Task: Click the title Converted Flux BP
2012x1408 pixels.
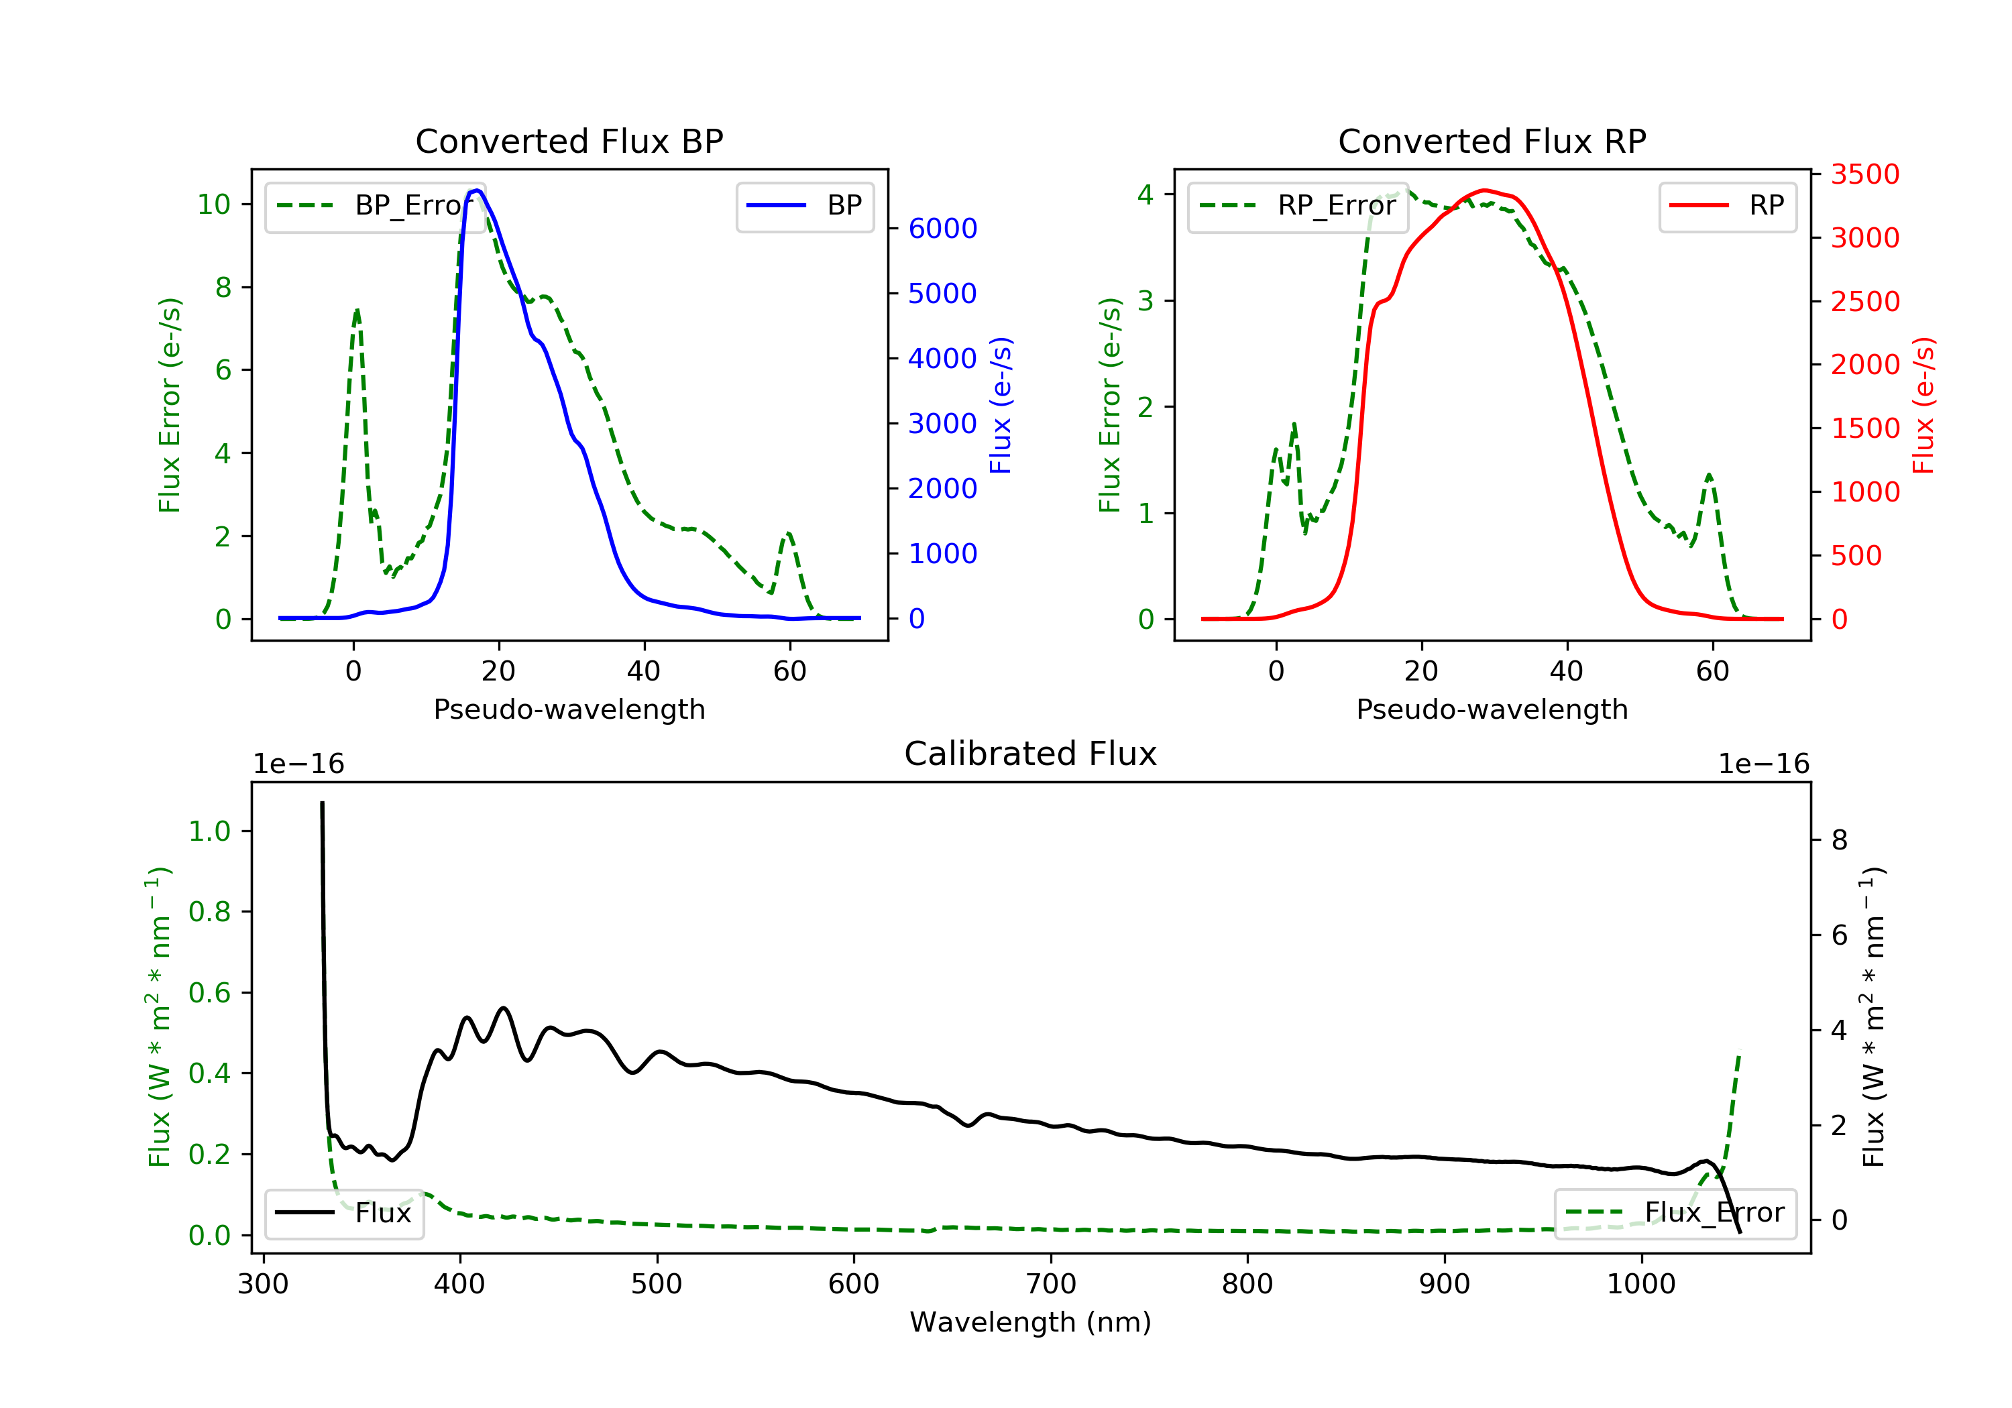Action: coord(569,141)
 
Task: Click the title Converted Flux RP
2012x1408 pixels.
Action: coord(1492,141)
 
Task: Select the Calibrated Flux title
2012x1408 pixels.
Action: coord(1031,754)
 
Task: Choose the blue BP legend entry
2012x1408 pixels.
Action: coord(804,206)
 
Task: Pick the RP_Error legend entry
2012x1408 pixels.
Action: coord(1298,206)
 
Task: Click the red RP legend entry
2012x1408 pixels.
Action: coord(1727,206)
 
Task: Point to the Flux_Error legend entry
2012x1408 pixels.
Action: coord(1675,1213)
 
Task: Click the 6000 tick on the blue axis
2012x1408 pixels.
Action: coord(942,229)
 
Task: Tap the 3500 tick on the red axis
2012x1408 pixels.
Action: coord(1864,174)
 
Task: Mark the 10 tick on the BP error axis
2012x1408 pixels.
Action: coord(214,205)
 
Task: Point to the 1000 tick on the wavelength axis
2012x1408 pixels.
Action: coord(1641,1285)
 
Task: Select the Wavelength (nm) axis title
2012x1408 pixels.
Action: coord(1031,1322)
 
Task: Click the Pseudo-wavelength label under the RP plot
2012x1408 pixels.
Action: coord(1492,709)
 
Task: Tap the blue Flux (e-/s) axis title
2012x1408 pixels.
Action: coord(1001,406)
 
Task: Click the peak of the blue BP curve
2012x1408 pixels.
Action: coord(477,190)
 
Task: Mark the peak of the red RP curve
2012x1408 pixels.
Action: coord(1484,190)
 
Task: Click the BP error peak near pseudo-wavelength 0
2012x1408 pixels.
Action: coord(357,310)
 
